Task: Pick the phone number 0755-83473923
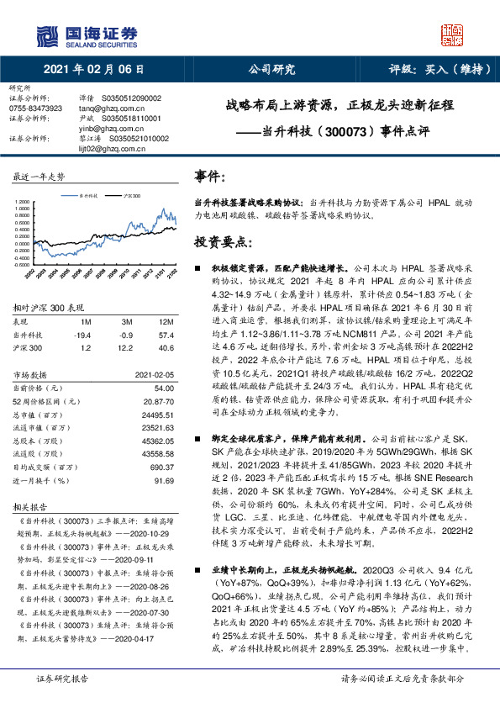(x=35, y=108)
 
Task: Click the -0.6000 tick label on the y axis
(x=23, y=263)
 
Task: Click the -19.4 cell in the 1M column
(x=86, y=334)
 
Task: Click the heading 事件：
(x=210, y=176)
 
